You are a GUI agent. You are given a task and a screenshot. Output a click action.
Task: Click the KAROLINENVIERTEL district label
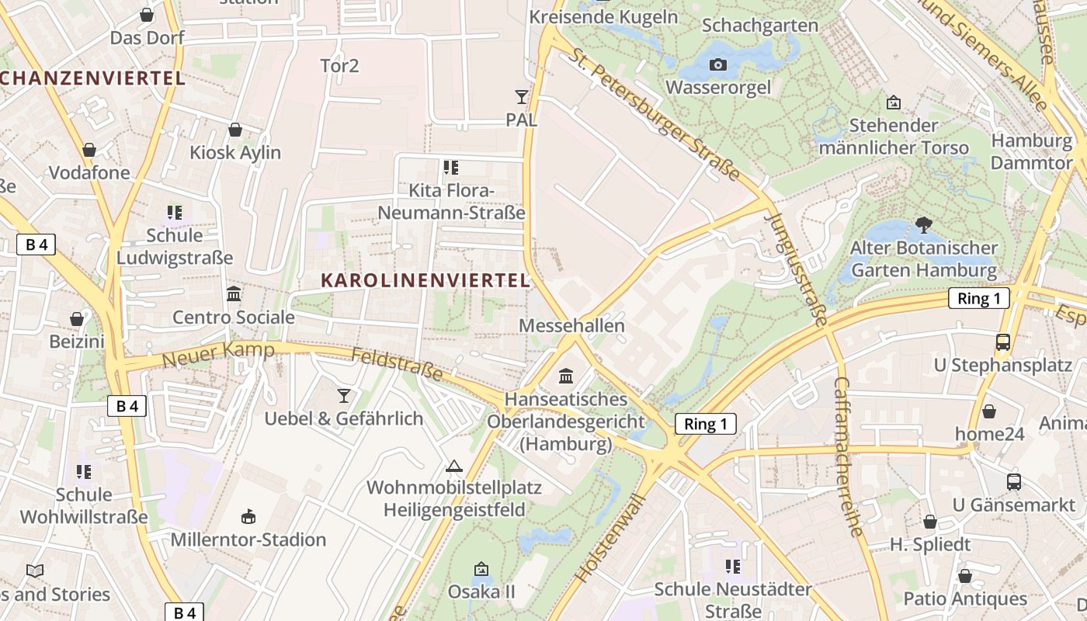(425, 280)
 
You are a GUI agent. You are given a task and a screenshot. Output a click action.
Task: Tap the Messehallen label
(571, 325)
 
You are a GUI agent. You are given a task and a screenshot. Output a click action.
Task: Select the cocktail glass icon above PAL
(521, 97)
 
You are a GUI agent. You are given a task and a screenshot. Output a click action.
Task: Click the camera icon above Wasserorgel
(718, 64)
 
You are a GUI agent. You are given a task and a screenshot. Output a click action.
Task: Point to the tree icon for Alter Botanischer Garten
(923, 225)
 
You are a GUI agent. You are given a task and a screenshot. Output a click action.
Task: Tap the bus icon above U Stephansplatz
(1002, 342)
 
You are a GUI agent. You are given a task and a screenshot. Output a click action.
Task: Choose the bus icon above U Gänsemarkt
(1013, 481)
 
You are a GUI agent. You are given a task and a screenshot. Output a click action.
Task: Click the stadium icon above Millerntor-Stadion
(248, 516)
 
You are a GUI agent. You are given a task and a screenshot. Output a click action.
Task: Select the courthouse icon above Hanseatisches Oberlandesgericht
(566, 376)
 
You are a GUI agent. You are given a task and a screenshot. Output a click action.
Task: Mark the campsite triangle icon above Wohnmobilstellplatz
(454, 466)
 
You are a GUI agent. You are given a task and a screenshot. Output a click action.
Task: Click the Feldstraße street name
(397, 364)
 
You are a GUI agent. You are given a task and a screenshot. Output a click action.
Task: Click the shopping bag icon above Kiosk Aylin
(235, 130)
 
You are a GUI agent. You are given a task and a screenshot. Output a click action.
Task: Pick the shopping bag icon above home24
(988, 411)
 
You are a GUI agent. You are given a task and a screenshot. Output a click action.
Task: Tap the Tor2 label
(339, 65)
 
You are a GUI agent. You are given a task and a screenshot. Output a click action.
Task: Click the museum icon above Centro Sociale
(233, 294)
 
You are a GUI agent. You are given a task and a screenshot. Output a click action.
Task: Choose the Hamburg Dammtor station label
(1031, 152)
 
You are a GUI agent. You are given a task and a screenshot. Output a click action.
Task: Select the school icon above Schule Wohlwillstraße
(84, 471)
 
